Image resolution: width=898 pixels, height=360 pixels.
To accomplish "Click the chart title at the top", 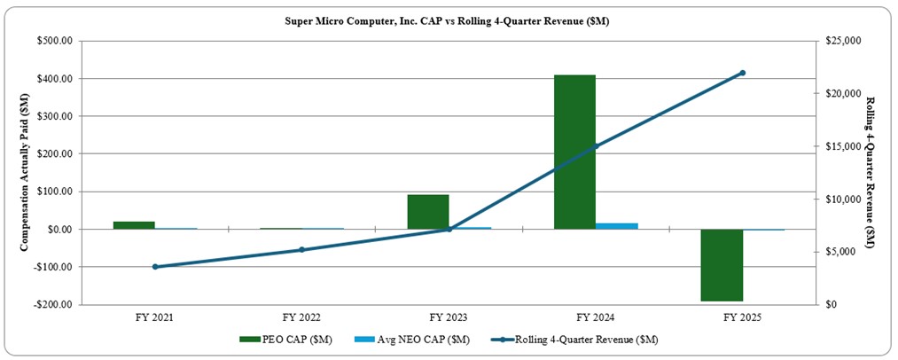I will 448,20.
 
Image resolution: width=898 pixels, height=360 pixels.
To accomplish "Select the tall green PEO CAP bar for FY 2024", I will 574,152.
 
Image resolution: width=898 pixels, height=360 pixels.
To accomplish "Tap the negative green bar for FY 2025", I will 722,265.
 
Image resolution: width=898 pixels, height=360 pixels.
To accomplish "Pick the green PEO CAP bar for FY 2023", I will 428,212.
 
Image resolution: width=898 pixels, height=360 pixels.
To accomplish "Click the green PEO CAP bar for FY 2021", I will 134,225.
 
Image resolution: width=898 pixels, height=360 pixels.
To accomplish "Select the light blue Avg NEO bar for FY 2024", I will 617,226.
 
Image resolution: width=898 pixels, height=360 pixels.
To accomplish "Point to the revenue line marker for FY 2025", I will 742,73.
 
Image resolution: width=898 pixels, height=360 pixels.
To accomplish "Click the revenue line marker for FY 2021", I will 155,267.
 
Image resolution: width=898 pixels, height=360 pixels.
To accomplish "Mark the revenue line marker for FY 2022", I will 301,250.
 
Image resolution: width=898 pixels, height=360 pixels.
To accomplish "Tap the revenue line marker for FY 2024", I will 596,146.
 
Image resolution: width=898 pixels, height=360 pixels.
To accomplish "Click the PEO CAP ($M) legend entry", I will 285,340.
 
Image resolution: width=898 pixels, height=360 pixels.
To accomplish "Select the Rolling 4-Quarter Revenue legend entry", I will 576,340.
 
